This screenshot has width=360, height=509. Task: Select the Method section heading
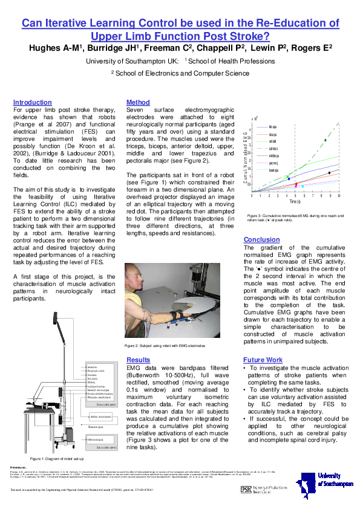click(x=138, y=103)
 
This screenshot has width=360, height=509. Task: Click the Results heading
click(x=139, y=359)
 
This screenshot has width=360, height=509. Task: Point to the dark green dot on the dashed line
click(x=326, y=140)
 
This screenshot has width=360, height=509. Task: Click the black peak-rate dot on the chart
click(x=329, y=172)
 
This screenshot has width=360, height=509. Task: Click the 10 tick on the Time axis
click(x=339, y=196)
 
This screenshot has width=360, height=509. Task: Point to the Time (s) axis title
click(x=295, y=202)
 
